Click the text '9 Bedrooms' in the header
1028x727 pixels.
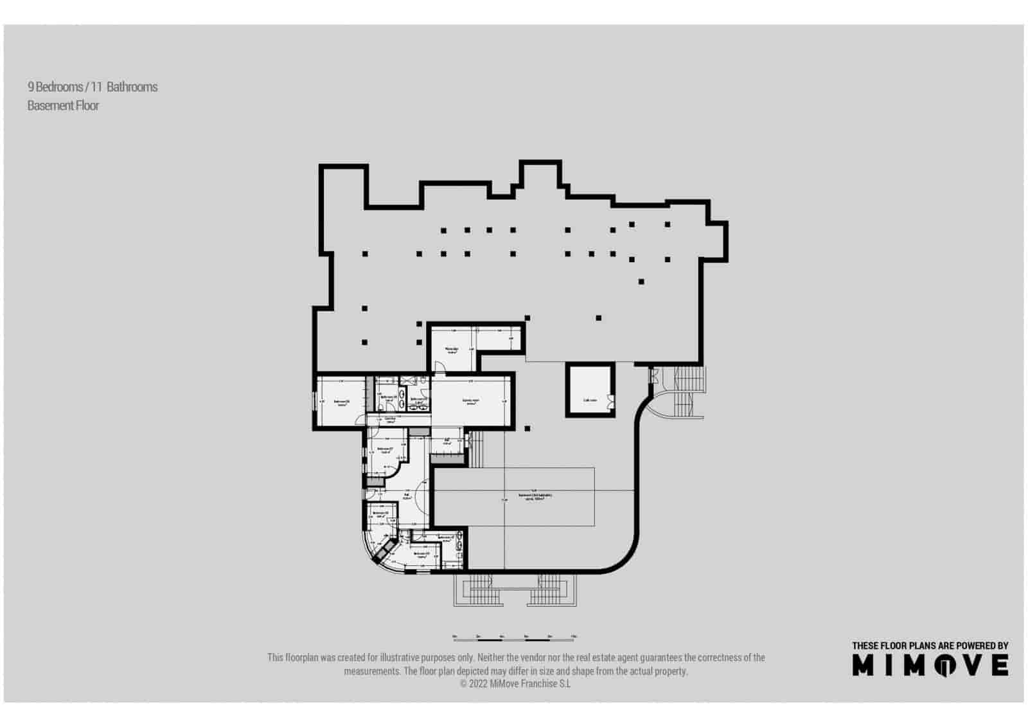click(55, 87)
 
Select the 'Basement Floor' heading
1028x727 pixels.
click(63, 105)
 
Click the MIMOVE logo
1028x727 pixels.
click(930, 665)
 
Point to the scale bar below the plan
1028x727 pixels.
click(513, 638)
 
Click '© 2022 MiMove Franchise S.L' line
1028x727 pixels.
click(515, 684)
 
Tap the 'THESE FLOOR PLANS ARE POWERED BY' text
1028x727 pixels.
click(930, 645)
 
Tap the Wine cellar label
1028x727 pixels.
click(452, 350)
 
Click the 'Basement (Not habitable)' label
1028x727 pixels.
click(535, 496)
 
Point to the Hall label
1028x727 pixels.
click(407, 496)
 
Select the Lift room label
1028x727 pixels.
click(447, 442)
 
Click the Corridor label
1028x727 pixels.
click(389, 420)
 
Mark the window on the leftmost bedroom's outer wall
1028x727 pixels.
click(314, 402)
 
